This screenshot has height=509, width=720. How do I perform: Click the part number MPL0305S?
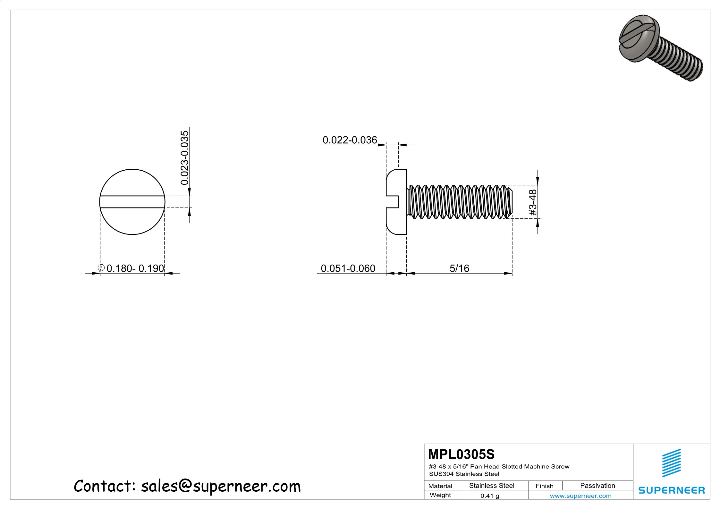tap(461, 454)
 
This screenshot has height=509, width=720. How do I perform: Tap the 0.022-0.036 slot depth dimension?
tap(350, 140)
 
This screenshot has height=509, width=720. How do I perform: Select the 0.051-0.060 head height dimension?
tap(348, 268)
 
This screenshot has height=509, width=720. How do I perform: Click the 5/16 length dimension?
tap(459, 268)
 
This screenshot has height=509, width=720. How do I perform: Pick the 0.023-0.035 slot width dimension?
tap(185, 158)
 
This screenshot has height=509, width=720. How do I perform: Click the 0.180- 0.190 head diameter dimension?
tap(135, 268)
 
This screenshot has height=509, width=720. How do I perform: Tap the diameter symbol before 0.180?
tap(101, 268)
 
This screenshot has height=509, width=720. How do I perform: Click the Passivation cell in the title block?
tap(597, 486)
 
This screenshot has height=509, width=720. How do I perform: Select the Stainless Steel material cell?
tap(492, 486)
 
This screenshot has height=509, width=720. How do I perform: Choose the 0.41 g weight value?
tap(490, 496)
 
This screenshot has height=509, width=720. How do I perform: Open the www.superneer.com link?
tap(580, 496)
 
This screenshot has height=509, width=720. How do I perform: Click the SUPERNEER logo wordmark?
tap(672, 490)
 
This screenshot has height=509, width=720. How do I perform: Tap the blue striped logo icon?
tap(672, 463)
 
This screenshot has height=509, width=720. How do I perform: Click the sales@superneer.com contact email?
tap(221, 486)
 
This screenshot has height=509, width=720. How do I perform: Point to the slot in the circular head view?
tap(132, 202)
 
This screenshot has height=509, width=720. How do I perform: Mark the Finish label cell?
tap(544, 486)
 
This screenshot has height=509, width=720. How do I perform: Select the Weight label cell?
tap(440, 495)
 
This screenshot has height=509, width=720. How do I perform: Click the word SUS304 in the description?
tap(441, 474)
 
